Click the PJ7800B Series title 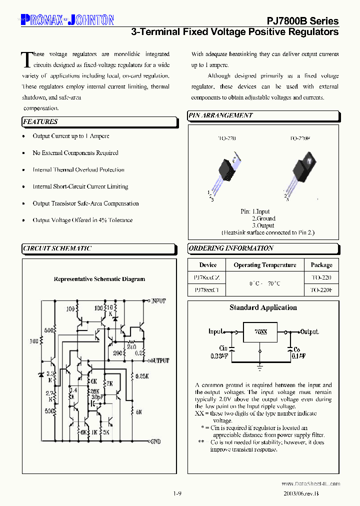point(302,21)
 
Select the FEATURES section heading point(40,121)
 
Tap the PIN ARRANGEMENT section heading point(220,115)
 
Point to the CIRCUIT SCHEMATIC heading point(57,248)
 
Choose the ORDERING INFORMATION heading point(231,248)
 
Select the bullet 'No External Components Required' point(75,153)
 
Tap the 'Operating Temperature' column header point(265,265)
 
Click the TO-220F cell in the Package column point(321,289)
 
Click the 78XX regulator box point(260,332)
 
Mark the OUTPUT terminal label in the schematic point(159,360)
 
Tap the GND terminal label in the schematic point(155,442)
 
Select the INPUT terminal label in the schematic point(158,301)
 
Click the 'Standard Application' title point(263,308)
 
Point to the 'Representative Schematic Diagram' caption point(99,279)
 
